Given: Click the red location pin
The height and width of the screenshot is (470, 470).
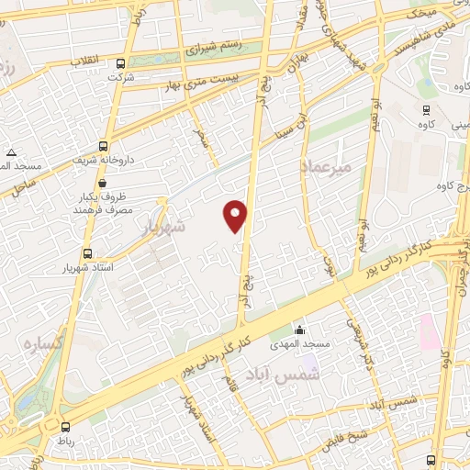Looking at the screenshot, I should click(x=236, y=216).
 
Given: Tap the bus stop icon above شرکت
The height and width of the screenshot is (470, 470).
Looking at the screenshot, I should click(x=121, y=64).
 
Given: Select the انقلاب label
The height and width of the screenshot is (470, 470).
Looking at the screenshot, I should click(x=90, y=61).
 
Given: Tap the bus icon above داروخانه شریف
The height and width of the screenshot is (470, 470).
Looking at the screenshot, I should click(x=103, y=145).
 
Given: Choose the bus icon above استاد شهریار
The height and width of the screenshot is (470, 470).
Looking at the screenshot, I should click(x=87, y=253).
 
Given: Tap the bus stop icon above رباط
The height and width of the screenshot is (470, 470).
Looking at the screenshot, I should click(x=65, y=427).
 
